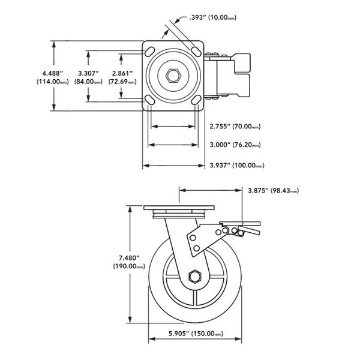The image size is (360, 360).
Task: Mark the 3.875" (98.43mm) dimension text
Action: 273,191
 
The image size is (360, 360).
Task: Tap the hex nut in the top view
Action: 173,76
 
